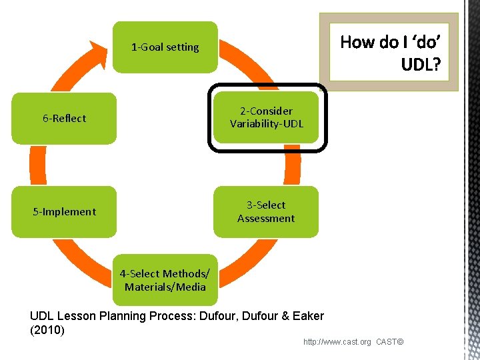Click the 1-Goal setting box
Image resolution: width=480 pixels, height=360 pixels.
[165, 47]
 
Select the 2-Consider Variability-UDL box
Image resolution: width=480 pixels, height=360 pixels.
[267, 117]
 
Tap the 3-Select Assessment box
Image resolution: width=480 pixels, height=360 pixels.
[266, 212]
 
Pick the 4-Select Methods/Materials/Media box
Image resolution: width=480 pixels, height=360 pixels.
[165, 281]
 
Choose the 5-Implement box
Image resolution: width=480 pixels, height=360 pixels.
[65, 212]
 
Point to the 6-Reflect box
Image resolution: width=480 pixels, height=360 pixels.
[65, 119]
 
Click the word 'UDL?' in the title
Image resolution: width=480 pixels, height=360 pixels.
[420, 65]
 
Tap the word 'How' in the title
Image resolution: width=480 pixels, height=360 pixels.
[357, 43]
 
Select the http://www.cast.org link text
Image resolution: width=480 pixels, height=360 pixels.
[337, 342]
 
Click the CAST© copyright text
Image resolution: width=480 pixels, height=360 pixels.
[390, 342]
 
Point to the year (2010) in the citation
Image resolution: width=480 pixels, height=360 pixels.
[47, 330]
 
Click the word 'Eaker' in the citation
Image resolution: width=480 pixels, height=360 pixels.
[308, 316]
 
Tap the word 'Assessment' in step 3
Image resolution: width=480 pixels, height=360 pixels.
[266, 219]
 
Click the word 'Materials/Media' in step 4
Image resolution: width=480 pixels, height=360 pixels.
[165, 287]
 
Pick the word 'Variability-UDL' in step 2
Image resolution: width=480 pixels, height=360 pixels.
[267, 124]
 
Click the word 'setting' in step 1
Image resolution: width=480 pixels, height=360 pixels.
[182, 47]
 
